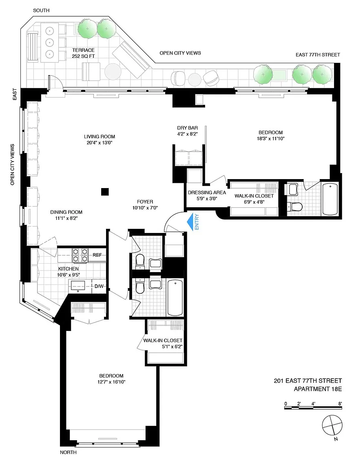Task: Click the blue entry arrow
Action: [x=190, y=222]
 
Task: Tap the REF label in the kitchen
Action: [x=97, y=255]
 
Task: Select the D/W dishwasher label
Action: [x=99, y=286]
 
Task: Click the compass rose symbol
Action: [x=332, y=426]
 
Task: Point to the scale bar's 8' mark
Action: [x=340, y=404]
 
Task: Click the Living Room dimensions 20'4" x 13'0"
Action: [x=99, y=143]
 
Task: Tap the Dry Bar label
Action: [x=187, y=128]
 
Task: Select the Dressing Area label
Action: [x=207, y=193]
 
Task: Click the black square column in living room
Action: [x=104, y=191]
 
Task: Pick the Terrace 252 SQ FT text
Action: [x=83, y=53]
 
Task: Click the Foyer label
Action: [x=145, y=202]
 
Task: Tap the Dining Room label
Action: [x=66, y=212]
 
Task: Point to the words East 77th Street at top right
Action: [x=318, y=55]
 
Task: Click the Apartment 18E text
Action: [x=318, y=389]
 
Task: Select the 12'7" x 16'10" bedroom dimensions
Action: [x=111, y=382]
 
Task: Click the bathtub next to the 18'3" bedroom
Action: [x=330, y=199]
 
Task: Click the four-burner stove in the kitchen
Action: [x=80, y=255]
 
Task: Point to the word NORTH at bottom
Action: [x=69, y=452]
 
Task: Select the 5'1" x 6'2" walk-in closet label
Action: [x=163, y=344]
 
